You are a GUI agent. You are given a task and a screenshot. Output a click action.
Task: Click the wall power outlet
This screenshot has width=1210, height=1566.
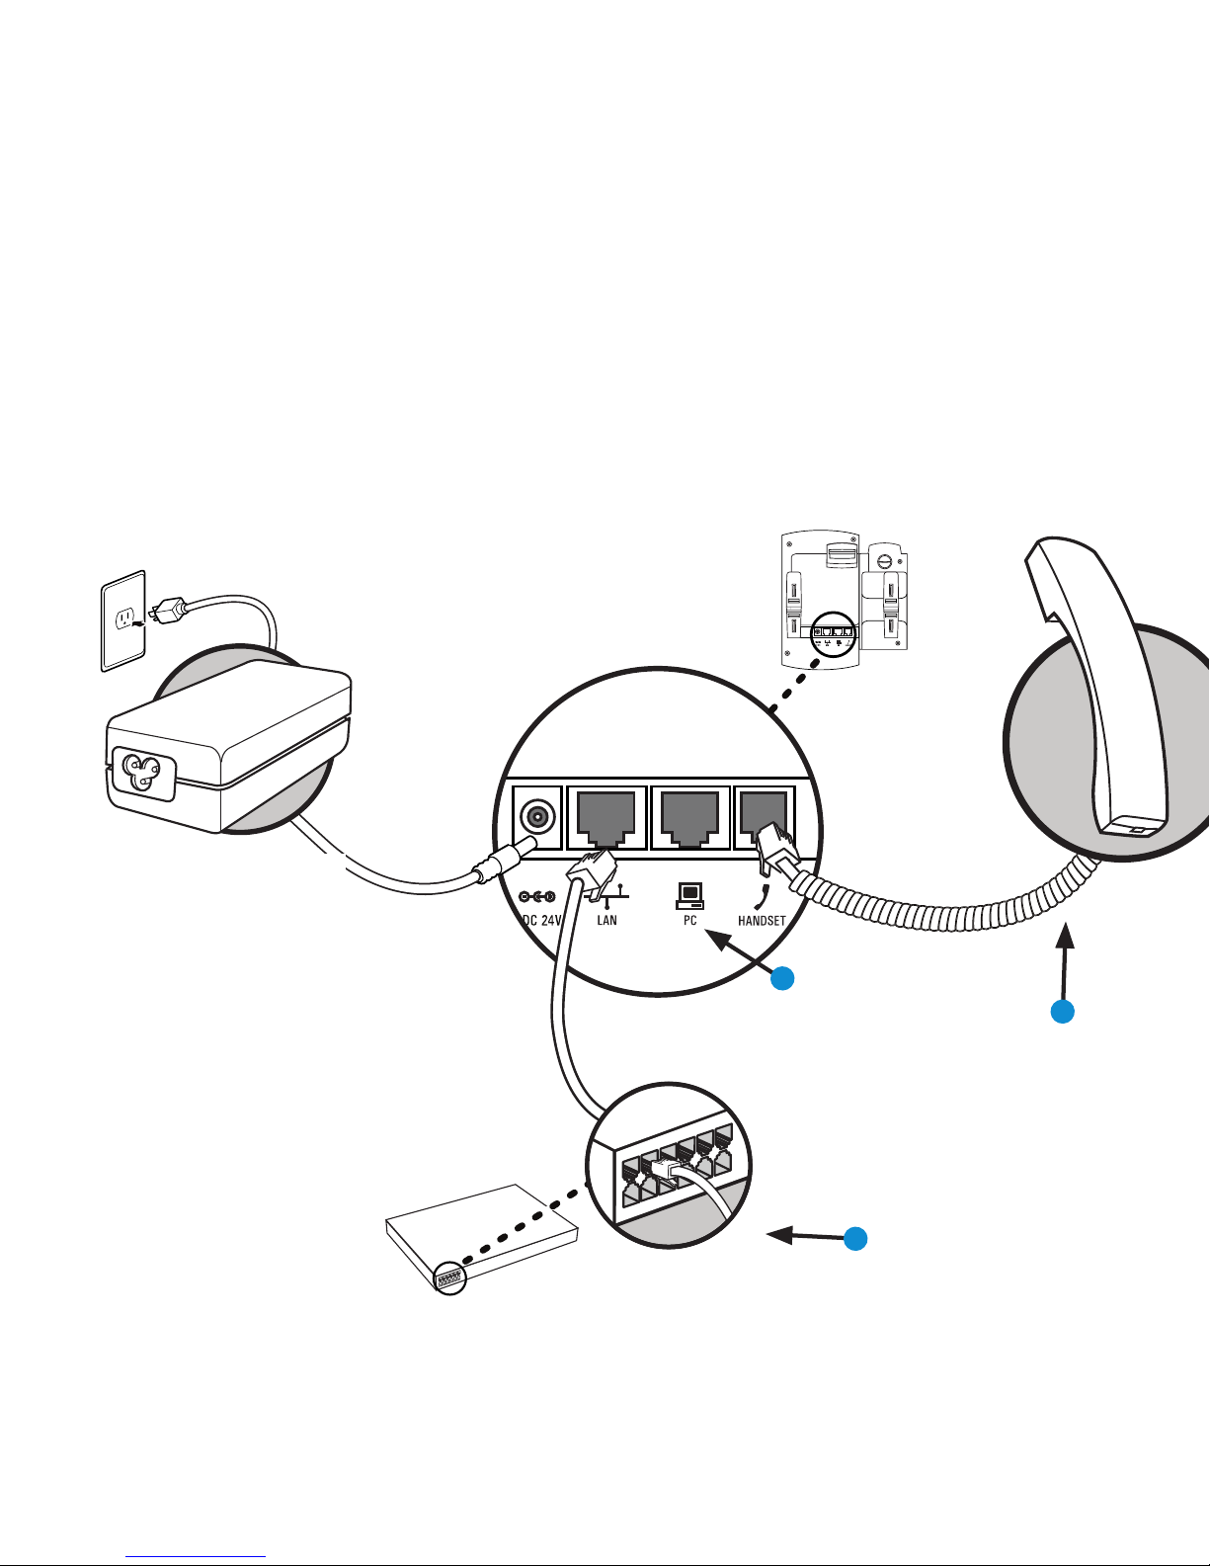tap(123, 621)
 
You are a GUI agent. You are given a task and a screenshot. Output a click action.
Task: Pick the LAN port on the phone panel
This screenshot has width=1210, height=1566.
tap(606, 818)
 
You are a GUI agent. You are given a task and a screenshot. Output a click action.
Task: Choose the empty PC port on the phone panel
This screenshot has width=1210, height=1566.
tap(690, 818)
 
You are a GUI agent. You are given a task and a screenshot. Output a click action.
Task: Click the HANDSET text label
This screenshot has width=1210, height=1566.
tap(762, 921)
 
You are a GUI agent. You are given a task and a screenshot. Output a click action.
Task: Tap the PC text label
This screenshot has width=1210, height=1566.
tap(690, 920)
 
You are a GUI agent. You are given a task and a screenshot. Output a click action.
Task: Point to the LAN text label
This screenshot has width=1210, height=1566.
tap(606, 920)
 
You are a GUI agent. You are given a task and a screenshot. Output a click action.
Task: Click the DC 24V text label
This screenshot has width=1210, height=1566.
tap(541, 920)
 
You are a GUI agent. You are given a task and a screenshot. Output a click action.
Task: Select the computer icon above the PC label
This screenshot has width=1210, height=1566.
tap(690, 896)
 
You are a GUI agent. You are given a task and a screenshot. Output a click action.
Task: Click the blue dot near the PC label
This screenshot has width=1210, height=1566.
tap(782, 979)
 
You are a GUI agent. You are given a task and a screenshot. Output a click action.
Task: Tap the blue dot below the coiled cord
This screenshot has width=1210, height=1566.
tap(1063, 1012)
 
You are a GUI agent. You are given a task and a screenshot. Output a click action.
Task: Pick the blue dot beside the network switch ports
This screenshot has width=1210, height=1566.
tap(855, 1239)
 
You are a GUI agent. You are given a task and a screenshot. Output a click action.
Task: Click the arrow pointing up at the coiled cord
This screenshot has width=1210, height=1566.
tap(1065, 962)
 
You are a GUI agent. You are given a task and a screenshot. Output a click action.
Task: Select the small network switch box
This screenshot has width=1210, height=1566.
tap(482, 1238)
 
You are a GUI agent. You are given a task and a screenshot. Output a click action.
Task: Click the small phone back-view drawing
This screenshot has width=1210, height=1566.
tap(845, 601)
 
